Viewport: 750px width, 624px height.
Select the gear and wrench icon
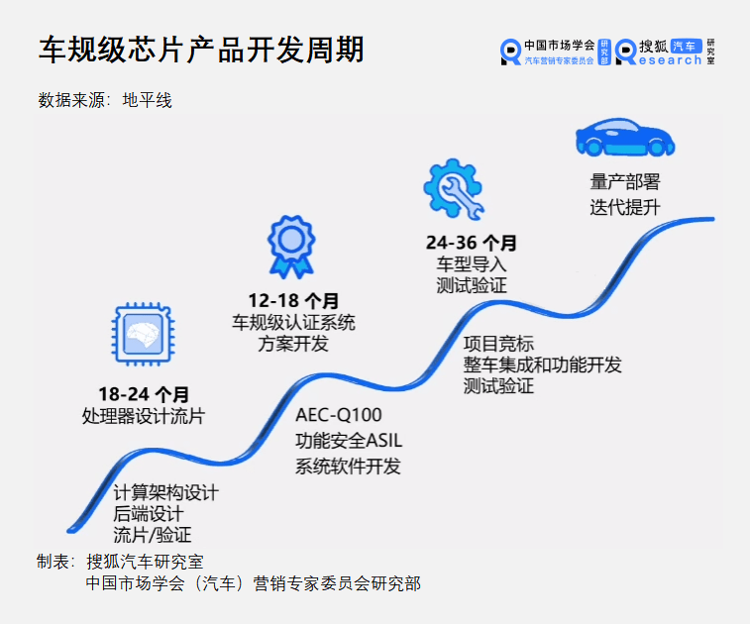tap(453, 188)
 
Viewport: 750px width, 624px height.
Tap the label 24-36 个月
tap(472, 243)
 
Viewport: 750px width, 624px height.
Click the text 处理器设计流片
tap(144, 416)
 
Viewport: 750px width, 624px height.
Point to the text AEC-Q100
tap(338, 414)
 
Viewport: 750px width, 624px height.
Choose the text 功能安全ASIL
tap(349, 441)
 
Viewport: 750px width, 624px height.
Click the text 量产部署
tap(624, 182)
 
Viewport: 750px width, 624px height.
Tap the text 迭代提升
tap(624, 207)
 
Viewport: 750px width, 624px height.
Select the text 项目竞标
tap(498, 343)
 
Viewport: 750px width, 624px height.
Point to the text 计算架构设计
tap(165, 492)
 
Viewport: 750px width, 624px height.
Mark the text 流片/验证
tap(153, 535)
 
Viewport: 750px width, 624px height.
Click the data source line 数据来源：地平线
tap(105, 100)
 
